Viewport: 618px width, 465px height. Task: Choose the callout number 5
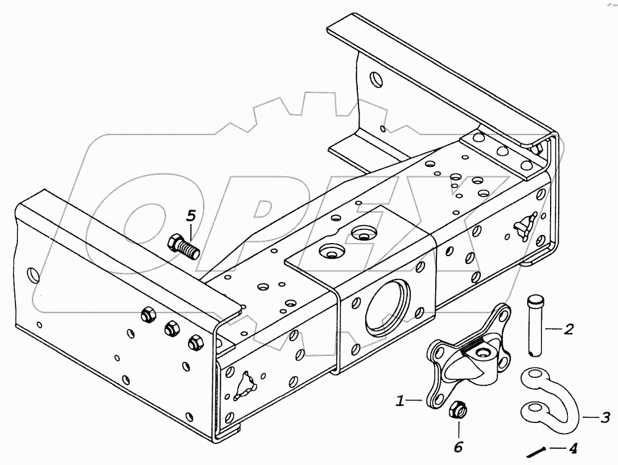[x=191, y=216]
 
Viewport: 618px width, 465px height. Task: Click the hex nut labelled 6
[x=458, y=410]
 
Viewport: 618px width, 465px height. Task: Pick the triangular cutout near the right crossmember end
[x=524, y=226]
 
